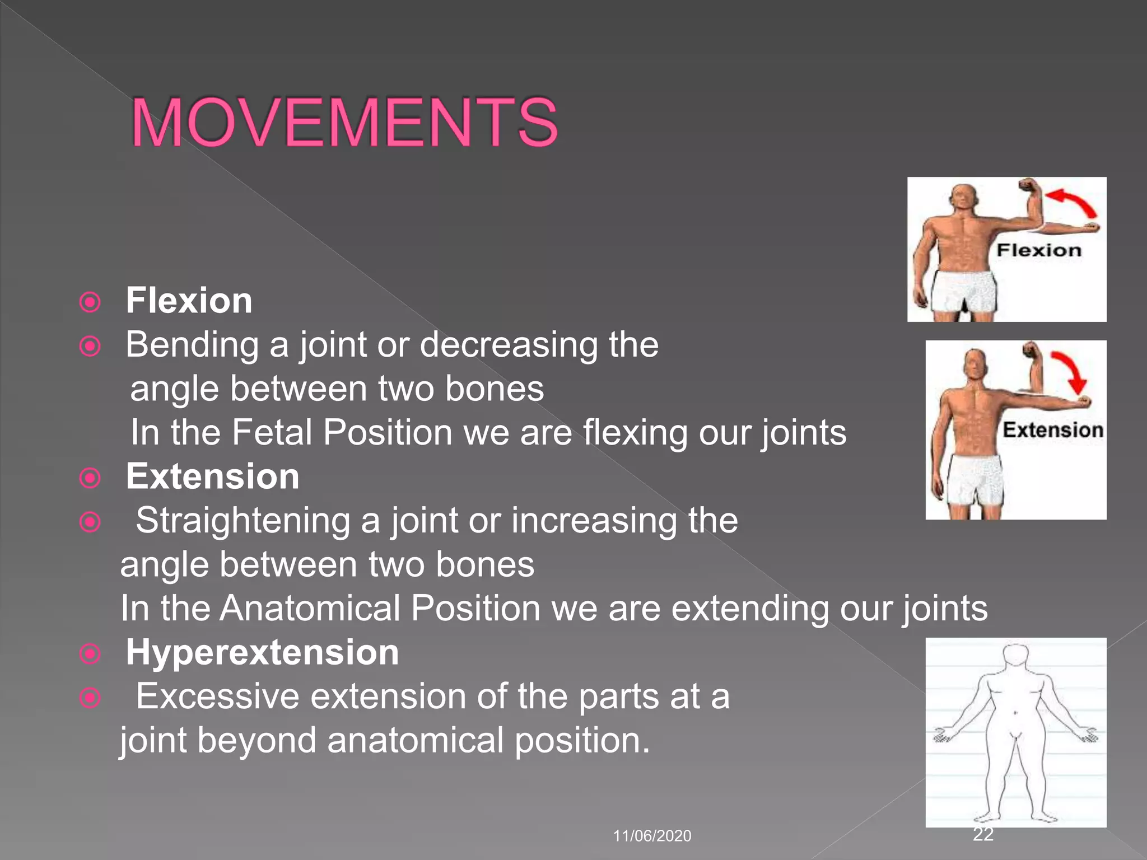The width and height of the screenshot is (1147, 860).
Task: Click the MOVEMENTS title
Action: (x=344, y=123)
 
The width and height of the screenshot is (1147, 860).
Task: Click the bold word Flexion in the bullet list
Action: (x=189, y=301)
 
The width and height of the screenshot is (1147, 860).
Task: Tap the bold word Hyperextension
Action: (x=262, y=652)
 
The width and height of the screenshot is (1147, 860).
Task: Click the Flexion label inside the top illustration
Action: (x=1039, y=250)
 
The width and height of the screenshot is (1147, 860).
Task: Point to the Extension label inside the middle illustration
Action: (x=1052, y=430)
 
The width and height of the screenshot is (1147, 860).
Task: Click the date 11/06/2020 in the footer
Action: (x=652, y=836)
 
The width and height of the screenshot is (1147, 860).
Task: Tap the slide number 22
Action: (x=983, y=834)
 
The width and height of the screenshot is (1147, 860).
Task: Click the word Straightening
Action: (x=243, y=521)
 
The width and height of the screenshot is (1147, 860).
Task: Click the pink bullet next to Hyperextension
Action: (x=90, y=653)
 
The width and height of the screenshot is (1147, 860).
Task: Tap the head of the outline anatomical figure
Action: (x=1015, y=655)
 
